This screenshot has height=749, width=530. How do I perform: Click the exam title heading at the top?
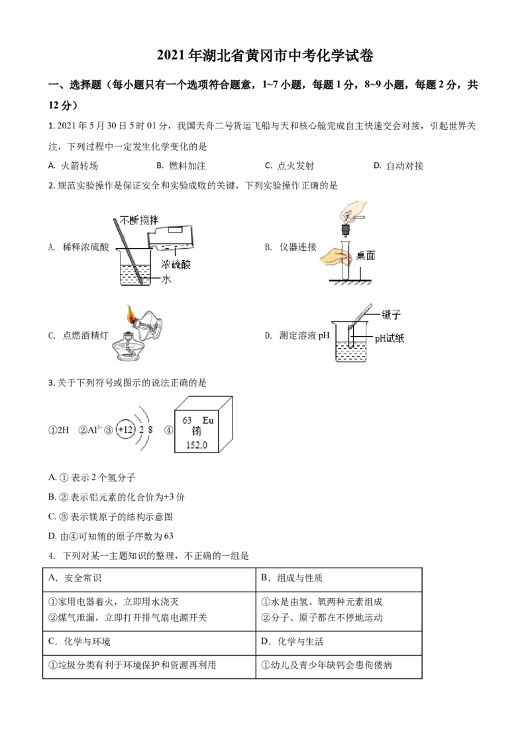click(265, 56)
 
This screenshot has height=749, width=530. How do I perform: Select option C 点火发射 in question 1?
click(290, 166)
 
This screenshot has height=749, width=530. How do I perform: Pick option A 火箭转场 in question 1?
click(73, 166)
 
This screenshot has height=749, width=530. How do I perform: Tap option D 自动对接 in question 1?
click(398, 166)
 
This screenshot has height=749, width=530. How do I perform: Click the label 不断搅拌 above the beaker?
click(138, 220)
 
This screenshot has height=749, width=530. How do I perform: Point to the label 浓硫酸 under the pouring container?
click(176, 264)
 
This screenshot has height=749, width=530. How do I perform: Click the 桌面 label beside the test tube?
click(366, 255)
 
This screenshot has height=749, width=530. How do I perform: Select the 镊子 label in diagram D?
click(391, 314)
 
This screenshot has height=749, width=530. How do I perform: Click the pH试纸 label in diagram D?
click(390, 338)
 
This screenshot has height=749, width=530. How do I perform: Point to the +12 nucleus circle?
click(125, 429)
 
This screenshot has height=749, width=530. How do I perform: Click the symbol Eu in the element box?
click(207, 420)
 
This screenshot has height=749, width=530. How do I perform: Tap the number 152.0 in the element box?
click(197, 445)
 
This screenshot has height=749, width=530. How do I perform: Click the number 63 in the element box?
click(187, 420)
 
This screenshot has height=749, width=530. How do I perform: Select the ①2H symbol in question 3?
click(59, 430)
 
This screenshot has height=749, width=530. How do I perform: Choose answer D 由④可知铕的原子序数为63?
click(111, 536)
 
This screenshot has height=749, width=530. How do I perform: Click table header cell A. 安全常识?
click(75, 578)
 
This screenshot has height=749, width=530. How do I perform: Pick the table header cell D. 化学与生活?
click(292, 641)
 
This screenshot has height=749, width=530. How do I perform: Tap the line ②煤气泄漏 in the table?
click(128, 617)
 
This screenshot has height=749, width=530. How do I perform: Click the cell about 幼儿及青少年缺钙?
click(327, 665)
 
